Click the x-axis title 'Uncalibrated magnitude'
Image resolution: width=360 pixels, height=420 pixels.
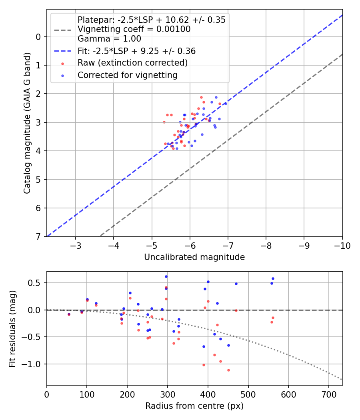coord(194,257)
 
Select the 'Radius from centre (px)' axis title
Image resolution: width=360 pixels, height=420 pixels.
coord(194,406)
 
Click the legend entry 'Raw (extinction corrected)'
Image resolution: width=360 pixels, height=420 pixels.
coord(132,63)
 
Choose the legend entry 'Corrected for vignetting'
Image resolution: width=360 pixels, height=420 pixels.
coord(128,75)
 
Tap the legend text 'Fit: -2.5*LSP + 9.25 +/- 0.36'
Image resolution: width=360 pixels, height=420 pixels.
coord(136,51)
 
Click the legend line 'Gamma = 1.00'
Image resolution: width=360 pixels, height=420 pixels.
coord(109,39)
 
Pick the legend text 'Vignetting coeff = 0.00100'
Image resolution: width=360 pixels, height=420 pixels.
coord(134,29)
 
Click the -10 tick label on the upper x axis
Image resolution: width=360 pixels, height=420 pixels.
coord(342,245)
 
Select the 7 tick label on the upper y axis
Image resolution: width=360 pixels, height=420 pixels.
coord(38,237)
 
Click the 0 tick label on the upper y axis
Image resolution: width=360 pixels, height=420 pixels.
coord(38,37)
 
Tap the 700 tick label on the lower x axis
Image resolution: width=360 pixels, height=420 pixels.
coord(329,394)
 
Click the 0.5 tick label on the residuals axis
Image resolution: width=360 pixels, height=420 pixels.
coord(36,283)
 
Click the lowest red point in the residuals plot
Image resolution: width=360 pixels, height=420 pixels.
coord(228,370)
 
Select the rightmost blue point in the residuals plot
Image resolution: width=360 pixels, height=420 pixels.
coord(273,278)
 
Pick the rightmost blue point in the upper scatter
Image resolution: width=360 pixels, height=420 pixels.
coord(225,103)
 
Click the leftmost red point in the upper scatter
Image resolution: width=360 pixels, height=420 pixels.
coord(164,122)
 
